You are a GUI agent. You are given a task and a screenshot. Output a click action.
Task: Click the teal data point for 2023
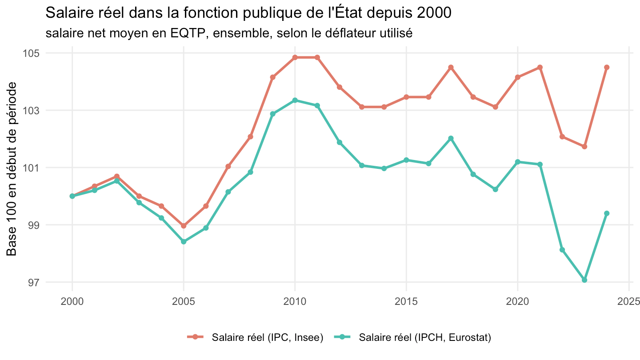pyautogui.click(x=584, y=280)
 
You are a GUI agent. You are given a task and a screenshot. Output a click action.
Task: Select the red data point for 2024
pyautogui.click(x=607, y=68)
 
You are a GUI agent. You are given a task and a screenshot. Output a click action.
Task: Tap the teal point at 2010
pyautogui.click(x=295, y=100)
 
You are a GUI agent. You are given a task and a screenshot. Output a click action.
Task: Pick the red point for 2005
pyautogui.click(x=184, y=226)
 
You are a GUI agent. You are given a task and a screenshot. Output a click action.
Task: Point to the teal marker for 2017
pyautogui.click(x=451, y=138)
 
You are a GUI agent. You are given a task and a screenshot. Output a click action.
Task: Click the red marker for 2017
pyautogui.click(x=451, y=68)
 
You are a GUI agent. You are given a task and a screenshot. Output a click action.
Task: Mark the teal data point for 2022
pyautogui.click(x=562, y=250)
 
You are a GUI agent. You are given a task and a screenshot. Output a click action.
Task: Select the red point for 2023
pyautogui.click(x=584, y=147)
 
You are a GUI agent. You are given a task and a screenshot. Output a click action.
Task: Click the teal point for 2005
pyautogui.click(x=184, y=242)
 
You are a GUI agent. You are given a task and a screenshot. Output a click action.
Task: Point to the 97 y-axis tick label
pyautogui.click(x=34, y=282)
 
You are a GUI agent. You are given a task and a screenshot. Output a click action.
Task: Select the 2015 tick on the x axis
pyautogui.click(x=406, y=301)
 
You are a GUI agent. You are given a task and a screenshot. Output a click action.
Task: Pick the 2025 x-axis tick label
pyautogui.click(x=628, y=301)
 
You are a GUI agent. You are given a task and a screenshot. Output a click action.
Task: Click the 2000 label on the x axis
pyautogui.click(x=72, y=301)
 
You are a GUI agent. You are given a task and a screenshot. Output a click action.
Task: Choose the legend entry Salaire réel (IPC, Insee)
pyautogui.click(x=255, y=337)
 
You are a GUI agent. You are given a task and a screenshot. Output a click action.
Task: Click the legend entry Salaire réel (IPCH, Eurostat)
pyautogui.click(x=412, y=337)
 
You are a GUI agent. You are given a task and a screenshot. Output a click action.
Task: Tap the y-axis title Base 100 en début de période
pyautogui.click(x=12, y=169)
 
